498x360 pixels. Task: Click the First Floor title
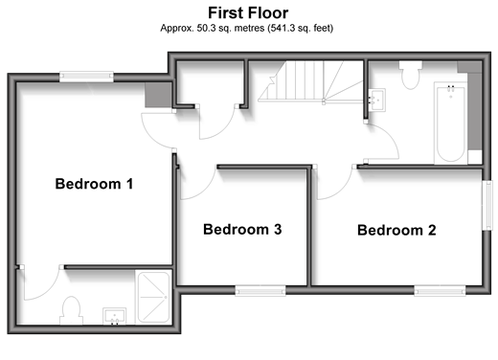pos(248,13)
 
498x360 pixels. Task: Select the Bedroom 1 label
pos(94,184)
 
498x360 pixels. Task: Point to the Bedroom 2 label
pos(396,230)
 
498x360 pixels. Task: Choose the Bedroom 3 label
pos(242,230)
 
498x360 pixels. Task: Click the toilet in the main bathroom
pos(411,75)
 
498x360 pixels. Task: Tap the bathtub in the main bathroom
pos(450,124)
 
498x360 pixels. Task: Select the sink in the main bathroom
pos(377,100)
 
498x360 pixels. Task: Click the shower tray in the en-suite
pos(153,297)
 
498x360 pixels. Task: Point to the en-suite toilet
pos(71,310)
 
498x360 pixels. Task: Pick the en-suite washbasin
pos(114,316)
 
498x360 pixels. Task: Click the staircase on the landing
pos(310,81)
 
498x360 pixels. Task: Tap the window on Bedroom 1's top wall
pos(86,76)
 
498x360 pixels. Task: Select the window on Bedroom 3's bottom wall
pos(260,291)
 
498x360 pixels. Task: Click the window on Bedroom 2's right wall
pos(487,205)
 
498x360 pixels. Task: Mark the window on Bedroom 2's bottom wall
pos(440,291)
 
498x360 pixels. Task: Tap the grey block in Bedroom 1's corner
pos(158,95)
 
